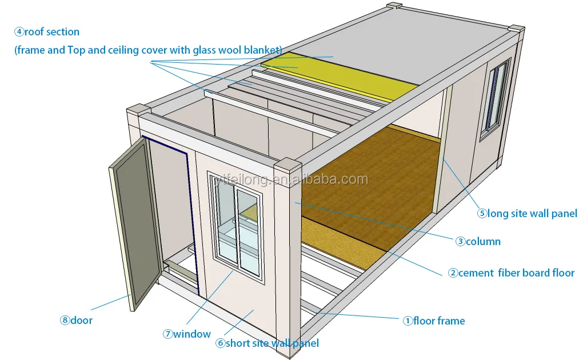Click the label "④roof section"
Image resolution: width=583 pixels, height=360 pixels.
pyautogui.click(x=47, y=32)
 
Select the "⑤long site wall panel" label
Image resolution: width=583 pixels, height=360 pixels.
pyautogui.click(x=528, y=214)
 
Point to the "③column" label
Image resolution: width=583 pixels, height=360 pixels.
pyautogui.click(x=478, y=241)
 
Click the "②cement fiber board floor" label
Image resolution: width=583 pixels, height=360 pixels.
pyautogui.click(x=511, y=273)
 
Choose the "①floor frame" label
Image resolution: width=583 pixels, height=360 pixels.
pyautogui.click(x=434, y=321)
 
